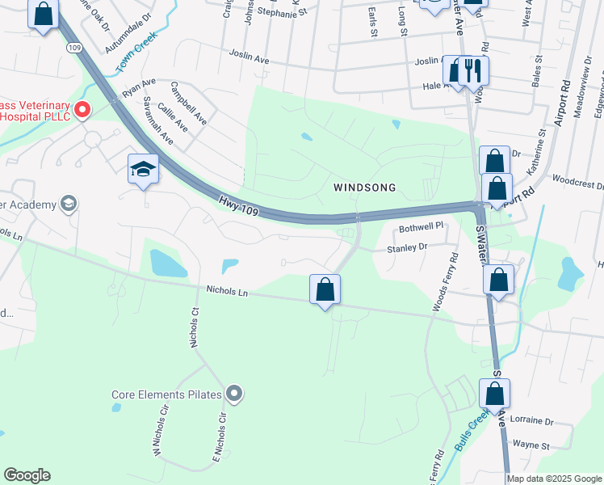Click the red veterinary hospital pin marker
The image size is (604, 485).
coord(82,109)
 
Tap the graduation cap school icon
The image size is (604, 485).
coord(143,169)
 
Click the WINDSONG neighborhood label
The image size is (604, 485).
coord(365,188)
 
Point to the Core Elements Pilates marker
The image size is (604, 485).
coord(234,394)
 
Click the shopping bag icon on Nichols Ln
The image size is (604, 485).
coord(325,289)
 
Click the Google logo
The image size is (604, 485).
coord(27,475)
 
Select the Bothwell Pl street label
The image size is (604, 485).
coord(422,227)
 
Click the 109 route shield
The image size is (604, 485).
coord(74,48)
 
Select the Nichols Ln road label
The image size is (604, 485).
coord(227,290)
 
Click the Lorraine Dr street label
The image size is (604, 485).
coord(532,421)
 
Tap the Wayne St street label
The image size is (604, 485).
coord(531,445)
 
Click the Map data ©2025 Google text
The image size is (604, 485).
coord(554,479)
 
